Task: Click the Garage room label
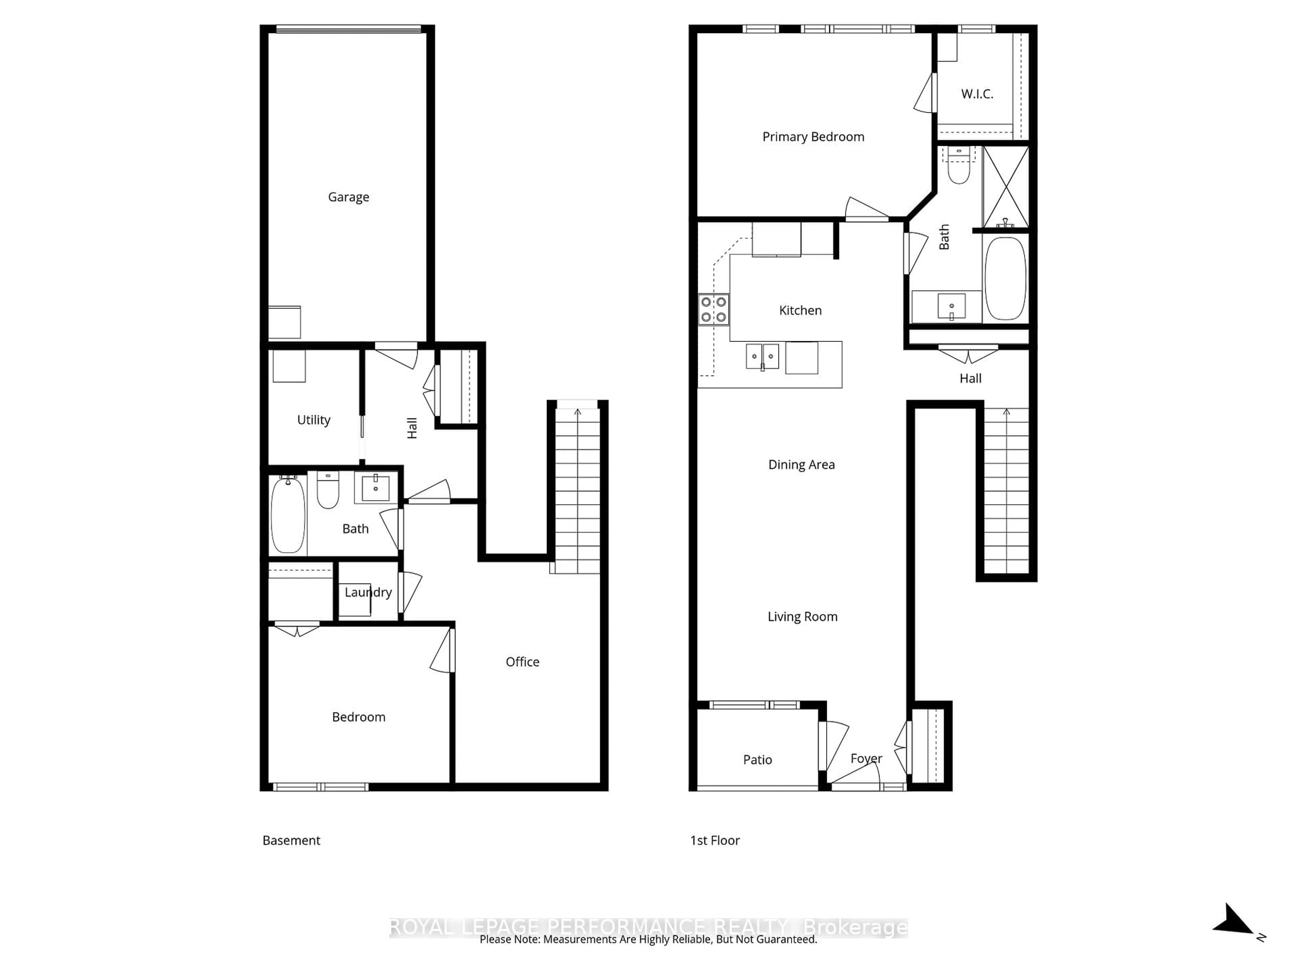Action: (348, 197)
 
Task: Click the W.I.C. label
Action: (977, 94)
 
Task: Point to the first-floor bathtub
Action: (1006, 278)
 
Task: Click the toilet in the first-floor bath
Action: (959, 170)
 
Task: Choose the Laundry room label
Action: (367, 592)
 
